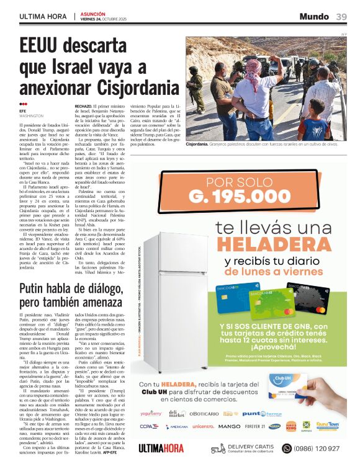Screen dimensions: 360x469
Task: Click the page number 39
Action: coord(342,17)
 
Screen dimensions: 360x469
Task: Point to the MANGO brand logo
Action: coord(229,426)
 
